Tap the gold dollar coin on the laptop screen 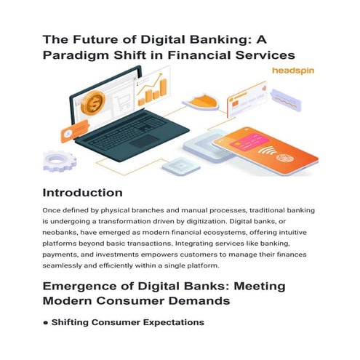(94, 103)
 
